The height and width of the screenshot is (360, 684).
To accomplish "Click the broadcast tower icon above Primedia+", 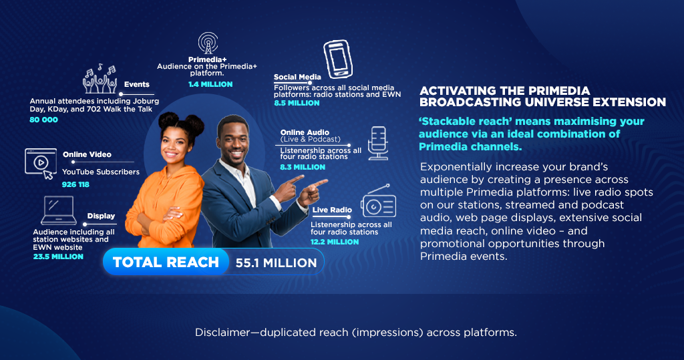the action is [x=208, y=43].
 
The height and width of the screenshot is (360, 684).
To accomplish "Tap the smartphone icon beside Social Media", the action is [x=338, y=59].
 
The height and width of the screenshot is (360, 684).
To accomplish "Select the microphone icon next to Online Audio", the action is [x=378, y=143].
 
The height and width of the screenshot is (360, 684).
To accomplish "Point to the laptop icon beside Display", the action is [x=59, y=210].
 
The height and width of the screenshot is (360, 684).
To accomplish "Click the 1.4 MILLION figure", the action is [x=210, y=84].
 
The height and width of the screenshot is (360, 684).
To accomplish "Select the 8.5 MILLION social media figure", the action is [x=297, y=103].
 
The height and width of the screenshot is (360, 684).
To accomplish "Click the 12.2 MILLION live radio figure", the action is [x=335, y=242].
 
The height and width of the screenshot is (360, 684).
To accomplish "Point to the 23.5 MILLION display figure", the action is [x=58, y=256].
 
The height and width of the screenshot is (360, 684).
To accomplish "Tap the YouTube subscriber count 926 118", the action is [x=75, y=184].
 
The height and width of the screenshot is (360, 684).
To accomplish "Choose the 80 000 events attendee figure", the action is [x=43, y=120].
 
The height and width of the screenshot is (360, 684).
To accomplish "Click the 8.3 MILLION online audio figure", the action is [x=303, y=167].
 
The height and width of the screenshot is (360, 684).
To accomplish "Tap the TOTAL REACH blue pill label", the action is [x=166, y=262].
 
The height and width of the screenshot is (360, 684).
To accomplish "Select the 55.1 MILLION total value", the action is [x=276, y=262].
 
